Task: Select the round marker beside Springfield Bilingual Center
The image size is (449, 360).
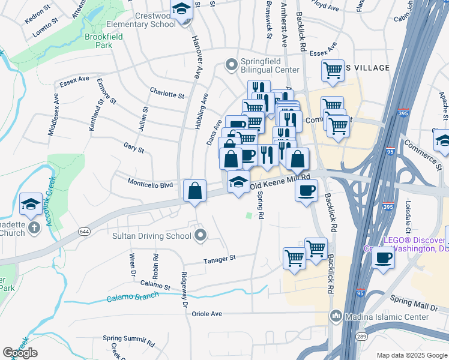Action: click(231, 64)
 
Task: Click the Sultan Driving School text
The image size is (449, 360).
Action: click(152, 236)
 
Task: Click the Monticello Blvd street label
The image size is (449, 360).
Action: click(149, 182)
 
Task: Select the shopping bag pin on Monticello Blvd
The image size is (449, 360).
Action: click(194, 191)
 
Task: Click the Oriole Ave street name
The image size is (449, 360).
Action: click(207, 313)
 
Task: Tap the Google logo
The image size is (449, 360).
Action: click(20, 353)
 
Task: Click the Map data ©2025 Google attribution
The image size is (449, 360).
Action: click(411, 355)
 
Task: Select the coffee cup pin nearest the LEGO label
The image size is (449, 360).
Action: click(384, 258)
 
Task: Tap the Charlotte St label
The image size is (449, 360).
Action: click(167, 94)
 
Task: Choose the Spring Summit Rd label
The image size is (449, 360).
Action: click(128, 341)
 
